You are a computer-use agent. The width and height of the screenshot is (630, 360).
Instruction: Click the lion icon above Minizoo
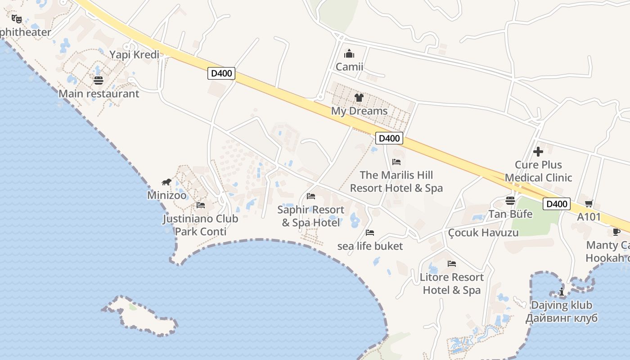[166, 182]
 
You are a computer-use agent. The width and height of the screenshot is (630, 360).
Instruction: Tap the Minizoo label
[166, 196]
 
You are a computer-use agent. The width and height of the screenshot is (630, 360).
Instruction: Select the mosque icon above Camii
[349, 54]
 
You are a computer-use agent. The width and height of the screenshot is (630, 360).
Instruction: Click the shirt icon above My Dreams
[359, 97]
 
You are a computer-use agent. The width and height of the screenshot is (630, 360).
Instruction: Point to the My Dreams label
[359, 111]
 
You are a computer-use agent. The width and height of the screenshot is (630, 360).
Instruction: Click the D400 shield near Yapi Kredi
[221, 73]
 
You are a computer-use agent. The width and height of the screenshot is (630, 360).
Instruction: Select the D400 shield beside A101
[557, 204]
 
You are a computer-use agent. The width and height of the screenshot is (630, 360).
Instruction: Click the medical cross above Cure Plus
[538, 152]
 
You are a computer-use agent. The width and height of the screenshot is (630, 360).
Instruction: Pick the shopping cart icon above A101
[589, 204]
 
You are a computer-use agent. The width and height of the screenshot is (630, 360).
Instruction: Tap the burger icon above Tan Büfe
[510, 201]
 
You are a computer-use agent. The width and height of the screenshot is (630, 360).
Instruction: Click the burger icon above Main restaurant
[99, 81]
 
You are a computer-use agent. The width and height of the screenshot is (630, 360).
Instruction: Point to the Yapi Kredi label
[135, 55]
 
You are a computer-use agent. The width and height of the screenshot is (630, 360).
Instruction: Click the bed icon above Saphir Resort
[310, 196]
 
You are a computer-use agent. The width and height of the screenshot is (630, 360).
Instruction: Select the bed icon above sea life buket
[370, 233]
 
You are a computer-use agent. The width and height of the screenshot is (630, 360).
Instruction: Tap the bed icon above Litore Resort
[452, 264]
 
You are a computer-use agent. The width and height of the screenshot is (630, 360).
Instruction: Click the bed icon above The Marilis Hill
[396, 162]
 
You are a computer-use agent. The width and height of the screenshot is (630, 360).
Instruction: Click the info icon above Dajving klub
[562, 292]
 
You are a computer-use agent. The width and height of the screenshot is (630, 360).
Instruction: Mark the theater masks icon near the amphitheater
[17, 19]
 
